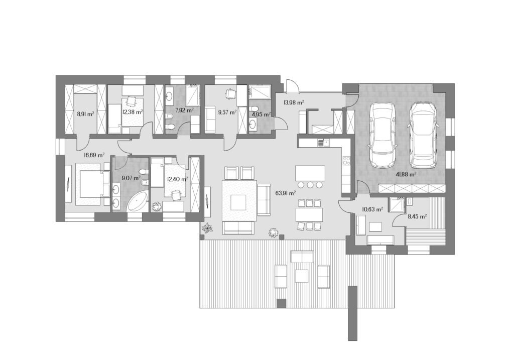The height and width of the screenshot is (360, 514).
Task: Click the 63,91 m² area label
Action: coord(286,193)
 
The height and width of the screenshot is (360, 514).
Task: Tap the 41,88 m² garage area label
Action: coord(406,174)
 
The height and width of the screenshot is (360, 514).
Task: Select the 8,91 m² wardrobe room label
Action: coord(85,114)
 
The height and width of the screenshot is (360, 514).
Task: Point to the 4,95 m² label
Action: coord(261,114)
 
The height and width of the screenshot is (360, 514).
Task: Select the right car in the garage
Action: coord(423,135)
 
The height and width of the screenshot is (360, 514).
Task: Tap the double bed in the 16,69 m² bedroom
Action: coord(92,184)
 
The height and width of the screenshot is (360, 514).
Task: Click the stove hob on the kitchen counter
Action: coord(346,161)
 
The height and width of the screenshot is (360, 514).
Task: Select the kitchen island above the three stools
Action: coord(310,173)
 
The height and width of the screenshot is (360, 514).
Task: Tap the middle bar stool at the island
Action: coord(310,185)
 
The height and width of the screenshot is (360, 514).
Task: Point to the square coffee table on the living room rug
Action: coord(238,202)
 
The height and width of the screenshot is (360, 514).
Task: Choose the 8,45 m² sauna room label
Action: coord(417,216)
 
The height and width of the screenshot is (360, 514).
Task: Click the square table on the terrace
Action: coord(302,276)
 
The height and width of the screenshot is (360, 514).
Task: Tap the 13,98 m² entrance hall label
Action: coord(293,102)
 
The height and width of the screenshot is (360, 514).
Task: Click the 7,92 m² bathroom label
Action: coord(184,110)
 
